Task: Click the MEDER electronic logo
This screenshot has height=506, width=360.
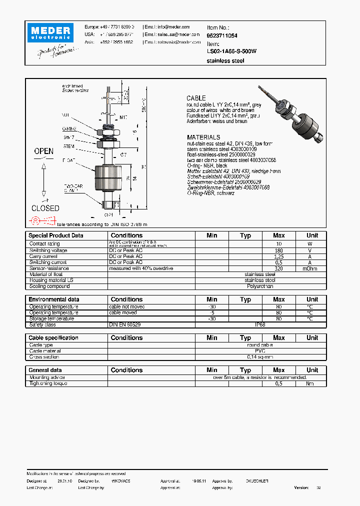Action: (50, 33)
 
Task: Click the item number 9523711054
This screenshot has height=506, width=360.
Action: (222, 36)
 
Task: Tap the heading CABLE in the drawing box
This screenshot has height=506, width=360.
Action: (196, 98)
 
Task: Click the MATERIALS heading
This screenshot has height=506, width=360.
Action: (203, 137)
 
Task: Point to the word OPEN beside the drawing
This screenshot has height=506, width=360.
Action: (43, 151)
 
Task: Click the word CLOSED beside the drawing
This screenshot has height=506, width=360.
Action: (45, 208)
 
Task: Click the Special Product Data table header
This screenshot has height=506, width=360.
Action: (56, 235)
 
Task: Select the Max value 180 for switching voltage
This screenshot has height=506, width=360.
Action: (278, 250)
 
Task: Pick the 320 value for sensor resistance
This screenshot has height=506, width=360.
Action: (278, 268)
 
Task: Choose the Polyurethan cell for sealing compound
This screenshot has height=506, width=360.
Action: (260, 286)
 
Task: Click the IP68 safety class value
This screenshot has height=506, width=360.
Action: (260, 324)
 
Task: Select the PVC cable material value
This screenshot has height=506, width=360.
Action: (260, 351)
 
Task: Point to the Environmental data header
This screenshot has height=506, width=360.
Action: (54, 299)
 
